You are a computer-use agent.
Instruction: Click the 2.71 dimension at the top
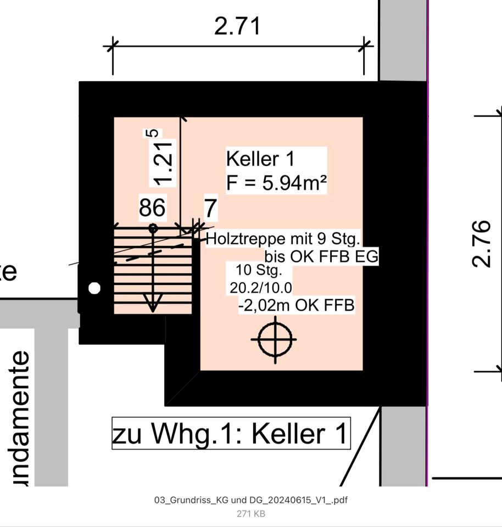tap(237, 26)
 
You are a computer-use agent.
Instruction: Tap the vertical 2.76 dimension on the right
tap(481, 243)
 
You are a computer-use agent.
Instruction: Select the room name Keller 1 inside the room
tap(260, 159)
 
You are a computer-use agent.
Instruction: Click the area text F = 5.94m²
tap(276, 183)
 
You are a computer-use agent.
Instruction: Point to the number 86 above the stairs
tap(152, 208)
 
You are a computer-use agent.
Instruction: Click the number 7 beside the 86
tap(210, 209)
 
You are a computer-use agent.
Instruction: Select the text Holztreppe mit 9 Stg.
tap(283, 239)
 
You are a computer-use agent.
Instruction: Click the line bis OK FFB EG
tap(321, 256)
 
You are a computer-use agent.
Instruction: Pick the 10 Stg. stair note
tap(259, 271)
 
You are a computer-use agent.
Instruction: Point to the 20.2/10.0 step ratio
tap(261, 287)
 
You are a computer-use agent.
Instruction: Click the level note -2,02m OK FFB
tap(297, 305)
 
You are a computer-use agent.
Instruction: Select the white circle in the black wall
tap(94, 288)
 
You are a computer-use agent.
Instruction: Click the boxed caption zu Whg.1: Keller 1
tap(231, 433)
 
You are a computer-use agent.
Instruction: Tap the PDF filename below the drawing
tap(250, 500)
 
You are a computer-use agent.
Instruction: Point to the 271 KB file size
tap(250, 514)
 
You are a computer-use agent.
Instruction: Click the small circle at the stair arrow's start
tap(153, 228)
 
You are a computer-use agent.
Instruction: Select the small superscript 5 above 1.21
tap(154, 133)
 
